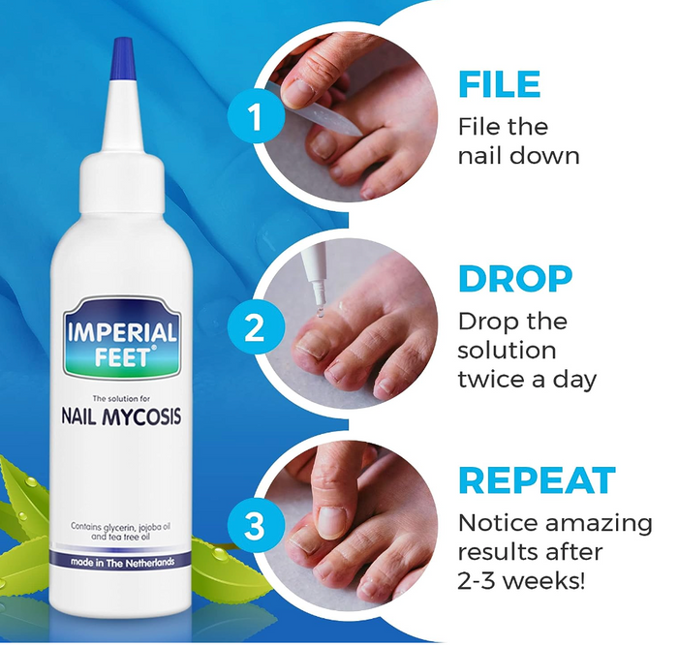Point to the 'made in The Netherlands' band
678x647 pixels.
122,563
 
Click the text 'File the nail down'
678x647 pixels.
518,140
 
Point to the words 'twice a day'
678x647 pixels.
527,378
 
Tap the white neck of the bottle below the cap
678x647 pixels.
121,145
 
